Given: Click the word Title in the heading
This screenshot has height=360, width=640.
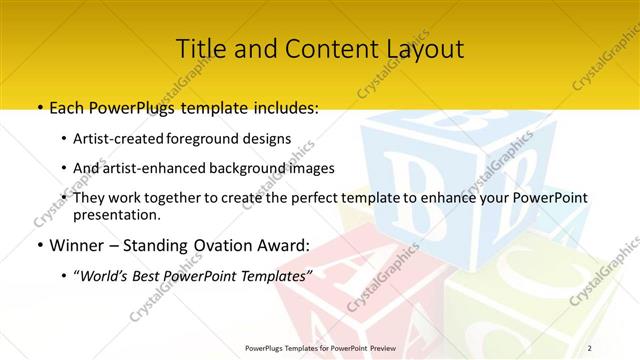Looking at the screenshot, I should click(x=201, y=48).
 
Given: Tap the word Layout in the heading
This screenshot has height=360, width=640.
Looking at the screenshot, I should click(x=420, y=48).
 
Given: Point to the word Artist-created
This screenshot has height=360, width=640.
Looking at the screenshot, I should click(x=120, y=138).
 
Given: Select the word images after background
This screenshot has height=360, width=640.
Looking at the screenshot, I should click(x=311, y=168).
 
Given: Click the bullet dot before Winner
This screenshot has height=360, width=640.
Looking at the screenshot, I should click(x=38, y=245).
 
